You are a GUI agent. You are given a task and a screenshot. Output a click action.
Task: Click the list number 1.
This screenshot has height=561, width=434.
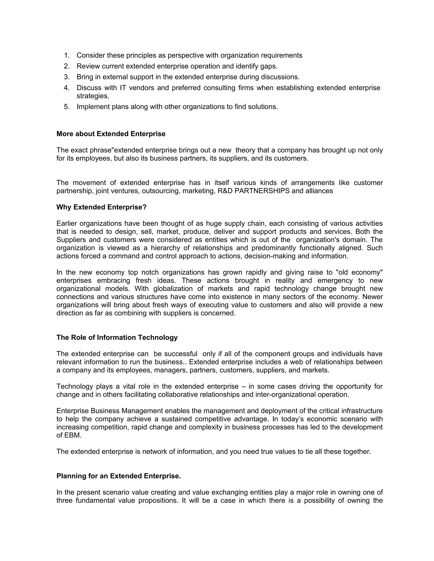click(67, 55)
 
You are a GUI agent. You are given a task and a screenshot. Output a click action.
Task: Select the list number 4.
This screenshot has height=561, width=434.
click(67, 88)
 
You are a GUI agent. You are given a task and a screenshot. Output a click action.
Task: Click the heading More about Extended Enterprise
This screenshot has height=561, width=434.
click(111, 134)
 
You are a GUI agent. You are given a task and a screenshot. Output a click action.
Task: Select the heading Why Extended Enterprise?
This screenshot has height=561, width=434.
click(101, 207)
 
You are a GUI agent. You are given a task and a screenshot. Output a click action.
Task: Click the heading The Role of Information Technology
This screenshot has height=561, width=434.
click(117, 337)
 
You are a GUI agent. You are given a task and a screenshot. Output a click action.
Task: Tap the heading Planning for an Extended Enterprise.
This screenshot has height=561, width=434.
click(118, 476)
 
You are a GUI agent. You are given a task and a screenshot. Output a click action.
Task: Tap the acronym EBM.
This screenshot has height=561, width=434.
click(72, 435)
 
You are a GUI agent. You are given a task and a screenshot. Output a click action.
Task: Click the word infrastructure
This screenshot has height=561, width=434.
click(362, 411)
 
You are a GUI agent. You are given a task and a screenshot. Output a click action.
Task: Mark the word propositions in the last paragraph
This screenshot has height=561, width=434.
click(158, 501)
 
